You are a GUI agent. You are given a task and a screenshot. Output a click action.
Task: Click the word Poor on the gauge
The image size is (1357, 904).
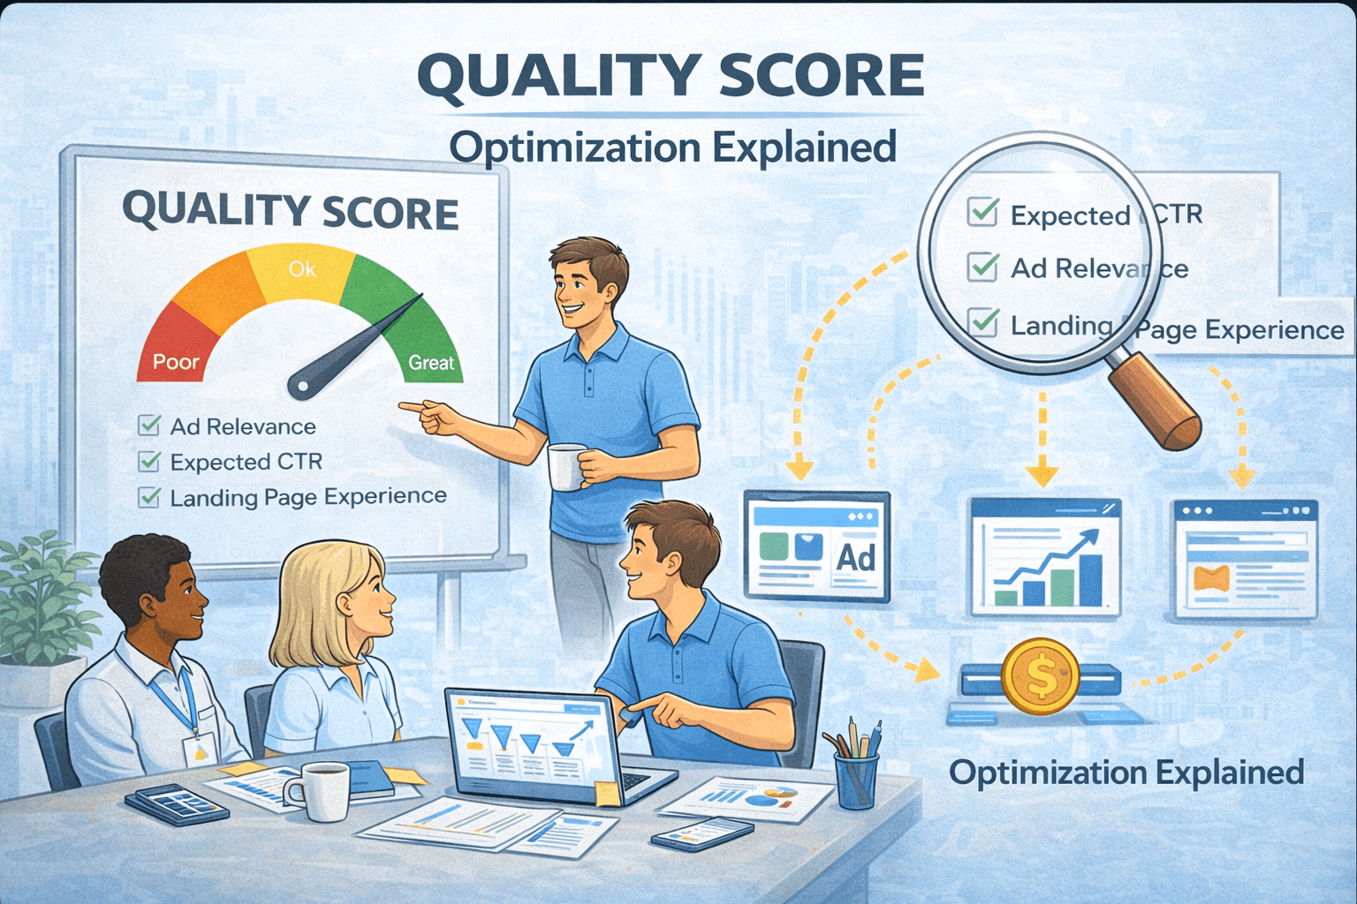click(x=176, y=362)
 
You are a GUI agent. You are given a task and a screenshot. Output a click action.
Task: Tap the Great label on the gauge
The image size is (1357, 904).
click(x=431, y=363)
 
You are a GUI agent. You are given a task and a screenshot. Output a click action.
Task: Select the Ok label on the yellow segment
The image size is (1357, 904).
click(x=301, y=269)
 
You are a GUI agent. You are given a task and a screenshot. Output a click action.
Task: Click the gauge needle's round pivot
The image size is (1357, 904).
click(x=301, y=385)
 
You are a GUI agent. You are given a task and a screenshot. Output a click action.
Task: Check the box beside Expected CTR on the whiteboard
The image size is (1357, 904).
click(x=149, y=462)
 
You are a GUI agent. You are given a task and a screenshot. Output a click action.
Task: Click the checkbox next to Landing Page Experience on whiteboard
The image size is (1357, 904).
click(x=149, y=498)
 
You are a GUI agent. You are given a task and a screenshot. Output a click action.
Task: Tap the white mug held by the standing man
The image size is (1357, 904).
click(x=565, y=466)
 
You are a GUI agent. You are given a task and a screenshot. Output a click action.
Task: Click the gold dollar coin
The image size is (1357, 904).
click(x=1041, y=677)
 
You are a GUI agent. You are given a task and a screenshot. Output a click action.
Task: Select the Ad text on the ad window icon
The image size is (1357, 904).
click(x=855, y=558)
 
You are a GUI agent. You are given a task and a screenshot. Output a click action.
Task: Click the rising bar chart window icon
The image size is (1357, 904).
click(x=1045, y=556)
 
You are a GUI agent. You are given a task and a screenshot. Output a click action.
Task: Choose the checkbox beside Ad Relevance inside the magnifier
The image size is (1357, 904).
click(x=982, y=267)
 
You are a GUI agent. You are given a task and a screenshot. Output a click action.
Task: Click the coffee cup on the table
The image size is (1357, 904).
click(x=322, y=790)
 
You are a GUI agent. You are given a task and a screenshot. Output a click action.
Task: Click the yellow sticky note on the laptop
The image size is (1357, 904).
click(x=608, y=793)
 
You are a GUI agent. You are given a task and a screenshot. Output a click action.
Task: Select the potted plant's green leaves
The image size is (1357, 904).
click(x=40, y=600)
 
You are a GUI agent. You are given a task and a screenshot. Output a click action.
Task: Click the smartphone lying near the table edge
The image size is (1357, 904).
click(x=702, y=832)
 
